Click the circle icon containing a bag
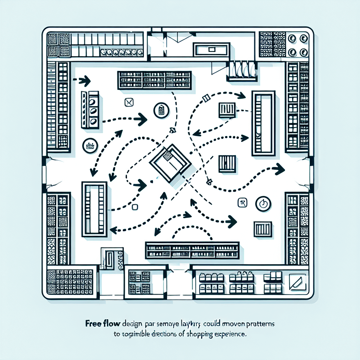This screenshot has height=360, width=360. (x=161, y=110)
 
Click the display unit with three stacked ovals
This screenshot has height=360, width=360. (x=94, y=110)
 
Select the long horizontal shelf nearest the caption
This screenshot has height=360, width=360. (x=192, y=250)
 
